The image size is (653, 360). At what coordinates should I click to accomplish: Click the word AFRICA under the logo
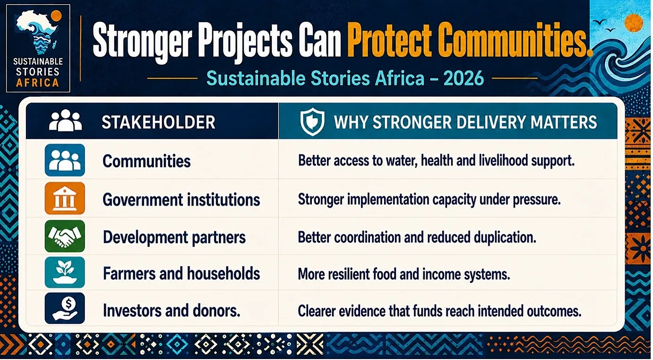[x=38, y=83]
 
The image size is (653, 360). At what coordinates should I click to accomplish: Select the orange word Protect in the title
[x=389, y=40]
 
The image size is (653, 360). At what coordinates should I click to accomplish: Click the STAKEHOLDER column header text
[x=158, y=122]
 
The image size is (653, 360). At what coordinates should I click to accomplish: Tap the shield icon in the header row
[x=312, y=122]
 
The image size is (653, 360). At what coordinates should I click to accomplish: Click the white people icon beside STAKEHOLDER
[x=65, y=120]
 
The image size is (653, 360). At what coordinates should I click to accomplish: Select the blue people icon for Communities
[x=65, y=160]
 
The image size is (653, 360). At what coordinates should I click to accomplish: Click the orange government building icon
[x=65, y=198]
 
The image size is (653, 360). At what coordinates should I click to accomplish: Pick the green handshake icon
[x=65, y=236]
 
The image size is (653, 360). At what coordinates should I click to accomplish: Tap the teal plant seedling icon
[x=65, y=272]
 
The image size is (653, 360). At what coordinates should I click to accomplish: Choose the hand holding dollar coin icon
[x=65, y=308]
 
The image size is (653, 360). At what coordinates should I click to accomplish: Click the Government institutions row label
[x=181, y=200]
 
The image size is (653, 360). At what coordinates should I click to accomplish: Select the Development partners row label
[x=174, y=237]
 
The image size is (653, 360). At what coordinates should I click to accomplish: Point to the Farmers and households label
[x=181, y=274]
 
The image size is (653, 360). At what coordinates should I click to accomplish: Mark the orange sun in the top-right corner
[x=634, y=23]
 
